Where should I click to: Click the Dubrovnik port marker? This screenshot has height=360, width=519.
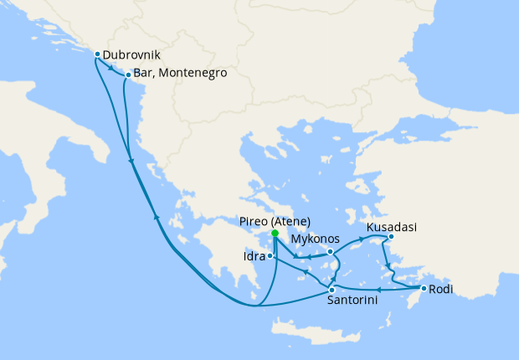97,54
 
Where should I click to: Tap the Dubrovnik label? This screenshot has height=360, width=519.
131,55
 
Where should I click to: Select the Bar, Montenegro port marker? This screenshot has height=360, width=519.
127,75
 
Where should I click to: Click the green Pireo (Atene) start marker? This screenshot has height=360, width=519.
275,232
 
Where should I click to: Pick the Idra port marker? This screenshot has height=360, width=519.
269,255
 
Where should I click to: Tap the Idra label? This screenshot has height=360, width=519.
253,255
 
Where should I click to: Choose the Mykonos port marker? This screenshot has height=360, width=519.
331,251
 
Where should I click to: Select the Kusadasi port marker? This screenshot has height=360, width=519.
391,237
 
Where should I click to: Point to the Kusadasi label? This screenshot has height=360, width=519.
392,226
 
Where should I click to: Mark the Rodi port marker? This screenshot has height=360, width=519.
424,289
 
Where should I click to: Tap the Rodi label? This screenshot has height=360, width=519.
443,290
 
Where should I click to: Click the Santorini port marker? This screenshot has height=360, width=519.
331,290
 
